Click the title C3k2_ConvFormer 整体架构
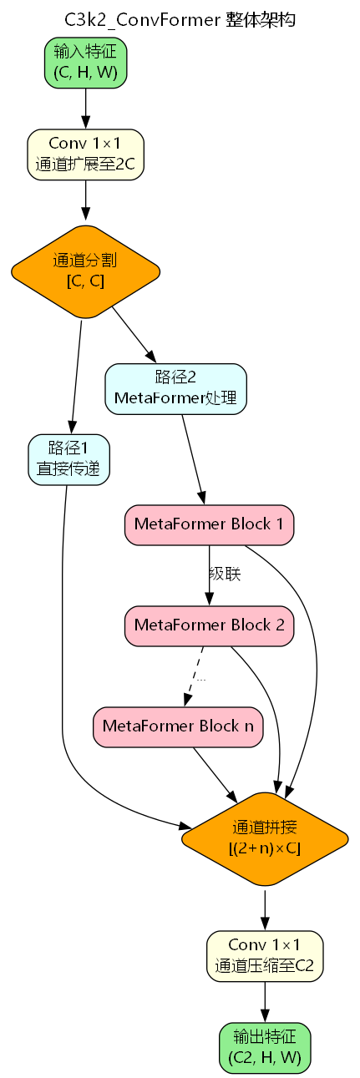click(x=180, y=18)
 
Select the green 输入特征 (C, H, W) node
click(x=85, y=63)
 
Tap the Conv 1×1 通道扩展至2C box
click(x=85, y=154)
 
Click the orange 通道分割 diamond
click(x=85, y=271)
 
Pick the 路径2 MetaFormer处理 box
click(x=175, y=389)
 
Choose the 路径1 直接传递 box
click(x=68, y=459)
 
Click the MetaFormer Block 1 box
click(x=209, y=524)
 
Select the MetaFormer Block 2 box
click(x=209, y=625)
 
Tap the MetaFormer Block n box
click(x=178, y=726)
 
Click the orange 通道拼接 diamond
click(x=265, y=838)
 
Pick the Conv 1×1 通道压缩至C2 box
click(x=265, y=955)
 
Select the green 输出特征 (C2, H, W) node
click(x=265, y=1047)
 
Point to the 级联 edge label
click(x=225, y=574)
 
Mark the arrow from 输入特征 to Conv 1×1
click(x=85, y=107)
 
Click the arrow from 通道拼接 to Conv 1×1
click(x=265, y=908)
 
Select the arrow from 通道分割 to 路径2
click(x=132, y=334)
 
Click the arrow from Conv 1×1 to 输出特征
click(x=265, y=1000)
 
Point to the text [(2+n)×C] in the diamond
click(x=265, y=848)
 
